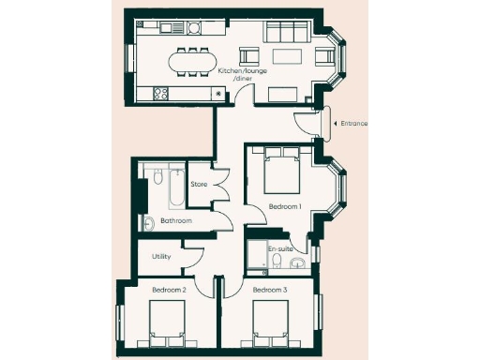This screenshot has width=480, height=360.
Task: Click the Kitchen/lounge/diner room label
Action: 235,74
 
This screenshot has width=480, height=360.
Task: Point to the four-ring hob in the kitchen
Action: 157,92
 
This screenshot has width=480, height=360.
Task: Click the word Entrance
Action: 354,123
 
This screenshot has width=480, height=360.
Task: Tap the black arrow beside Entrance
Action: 336,123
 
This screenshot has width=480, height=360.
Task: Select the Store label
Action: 199,184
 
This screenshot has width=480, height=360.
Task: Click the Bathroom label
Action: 176,220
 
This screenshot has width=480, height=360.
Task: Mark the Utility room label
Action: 162,255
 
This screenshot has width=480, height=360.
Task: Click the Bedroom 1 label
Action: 284,205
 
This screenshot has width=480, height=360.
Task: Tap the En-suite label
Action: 280,249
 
